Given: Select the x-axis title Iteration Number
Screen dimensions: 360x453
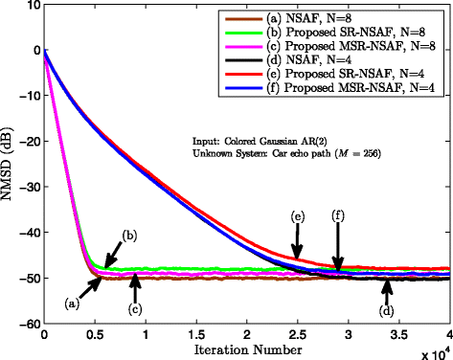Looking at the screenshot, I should pyautogui.click(x=246, y=350).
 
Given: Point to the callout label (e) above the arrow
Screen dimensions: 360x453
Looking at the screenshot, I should pyautogui.click(x=298, y=218).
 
